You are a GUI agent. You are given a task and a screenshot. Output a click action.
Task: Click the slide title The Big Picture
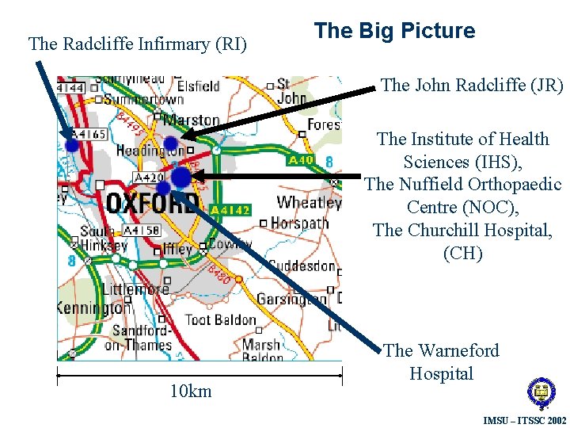click(x=394, y=31)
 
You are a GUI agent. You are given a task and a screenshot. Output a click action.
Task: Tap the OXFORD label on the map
click(x=152, y=203)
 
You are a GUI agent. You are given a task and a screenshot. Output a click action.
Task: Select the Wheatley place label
click(x=308, y=202)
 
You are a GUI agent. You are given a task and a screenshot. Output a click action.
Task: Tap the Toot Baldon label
click(x=220, y=320)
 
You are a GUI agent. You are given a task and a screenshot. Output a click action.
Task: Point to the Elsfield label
click(x=198, y=86)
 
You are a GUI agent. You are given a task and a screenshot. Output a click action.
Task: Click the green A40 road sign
click(x=300, y=161)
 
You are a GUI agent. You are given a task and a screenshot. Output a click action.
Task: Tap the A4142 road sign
click(x=230, y=210)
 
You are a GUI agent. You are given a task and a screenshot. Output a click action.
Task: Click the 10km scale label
click(x=191, y=391)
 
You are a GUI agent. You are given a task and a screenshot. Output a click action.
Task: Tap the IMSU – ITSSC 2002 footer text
click(x=524, y=419)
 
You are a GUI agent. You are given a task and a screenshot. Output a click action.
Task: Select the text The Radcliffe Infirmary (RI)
click(x=138, y=44)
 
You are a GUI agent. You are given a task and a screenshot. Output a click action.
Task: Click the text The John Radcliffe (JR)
click(x=472, y=85)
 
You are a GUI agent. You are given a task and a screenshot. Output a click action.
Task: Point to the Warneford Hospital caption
click(x=441, y=361)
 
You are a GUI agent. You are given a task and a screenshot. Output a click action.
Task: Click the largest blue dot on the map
click(x=180, y=177)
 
